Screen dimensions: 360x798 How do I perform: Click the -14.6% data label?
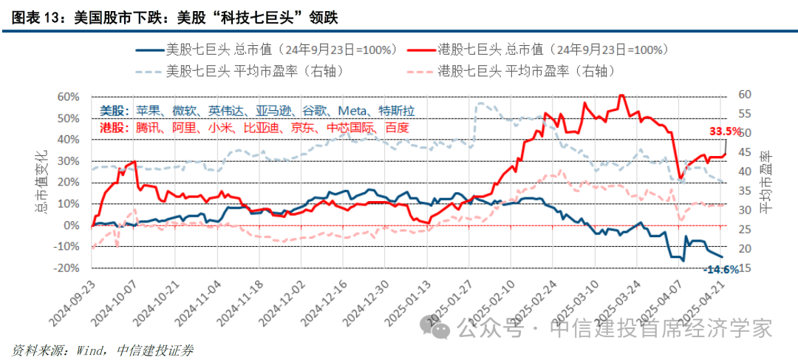tap(721, 270)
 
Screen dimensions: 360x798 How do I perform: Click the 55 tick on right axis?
tap(744, 114)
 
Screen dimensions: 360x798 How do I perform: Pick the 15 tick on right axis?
tap(744, 268)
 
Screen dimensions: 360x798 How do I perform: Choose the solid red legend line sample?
tap(421, 50)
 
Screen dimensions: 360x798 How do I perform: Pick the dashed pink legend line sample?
tap(421, 71)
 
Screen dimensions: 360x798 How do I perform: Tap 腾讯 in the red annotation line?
tap(147, 127)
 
